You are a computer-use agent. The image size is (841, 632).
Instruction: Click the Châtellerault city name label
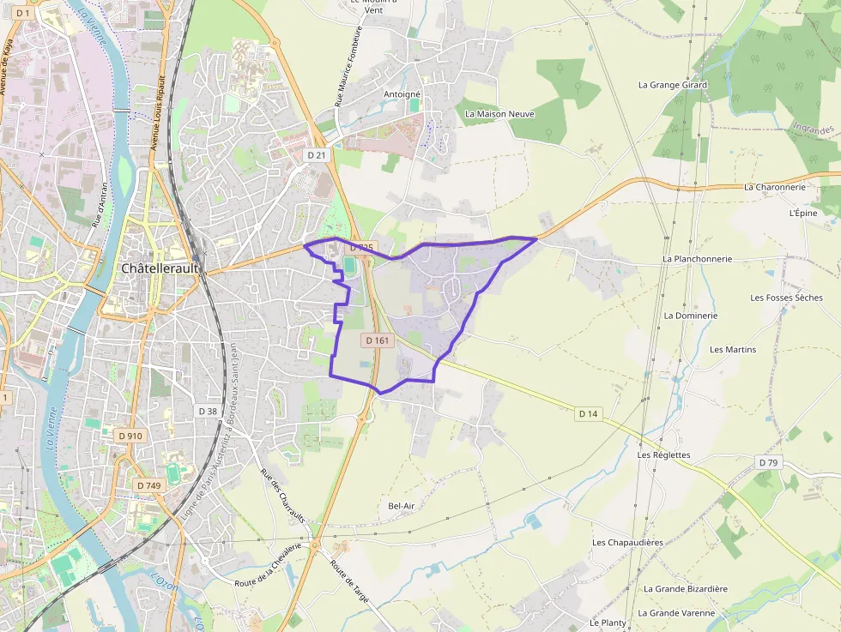[x=160, y=268]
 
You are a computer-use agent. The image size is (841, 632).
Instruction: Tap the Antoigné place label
[x=402, y=94]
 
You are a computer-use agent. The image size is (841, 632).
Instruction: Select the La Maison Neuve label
[x=499, y=113]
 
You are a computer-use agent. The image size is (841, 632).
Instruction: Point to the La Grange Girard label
[x=673, y=85]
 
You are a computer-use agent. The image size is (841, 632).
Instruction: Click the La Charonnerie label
[x=775, y=187]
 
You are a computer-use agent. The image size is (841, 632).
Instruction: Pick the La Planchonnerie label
[x=697, y=258]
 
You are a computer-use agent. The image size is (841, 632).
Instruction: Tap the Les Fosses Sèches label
[x=786, y=298]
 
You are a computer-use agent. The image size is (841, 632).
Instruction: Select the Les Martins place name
[x=733, y=349]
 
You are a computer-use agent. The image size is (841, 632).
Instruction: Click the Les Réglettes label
[x=664, y=455]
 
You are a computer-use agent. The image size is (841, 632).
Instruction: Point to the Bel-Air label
[x=402, y=506]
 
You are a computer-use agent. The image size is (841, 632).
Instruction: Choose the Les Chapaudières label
[x=627, y=543]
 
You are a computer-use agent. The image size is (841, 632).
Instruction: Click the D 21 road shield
[x=317, y=154]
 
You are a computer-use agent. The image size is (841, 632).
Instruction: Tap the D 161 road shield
[x=378, y=340]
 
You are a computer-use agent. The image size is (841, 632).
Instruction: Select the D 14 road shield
[x=588, y=413]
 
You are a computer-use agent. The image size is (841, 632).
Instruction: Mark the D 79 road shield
[x=768, y=462]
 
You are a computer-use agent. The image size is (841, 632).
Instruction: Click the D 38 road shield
[x=207, y=411]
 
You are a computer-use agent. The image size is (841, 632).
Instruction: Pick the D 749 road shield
[x=148, y=485]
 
